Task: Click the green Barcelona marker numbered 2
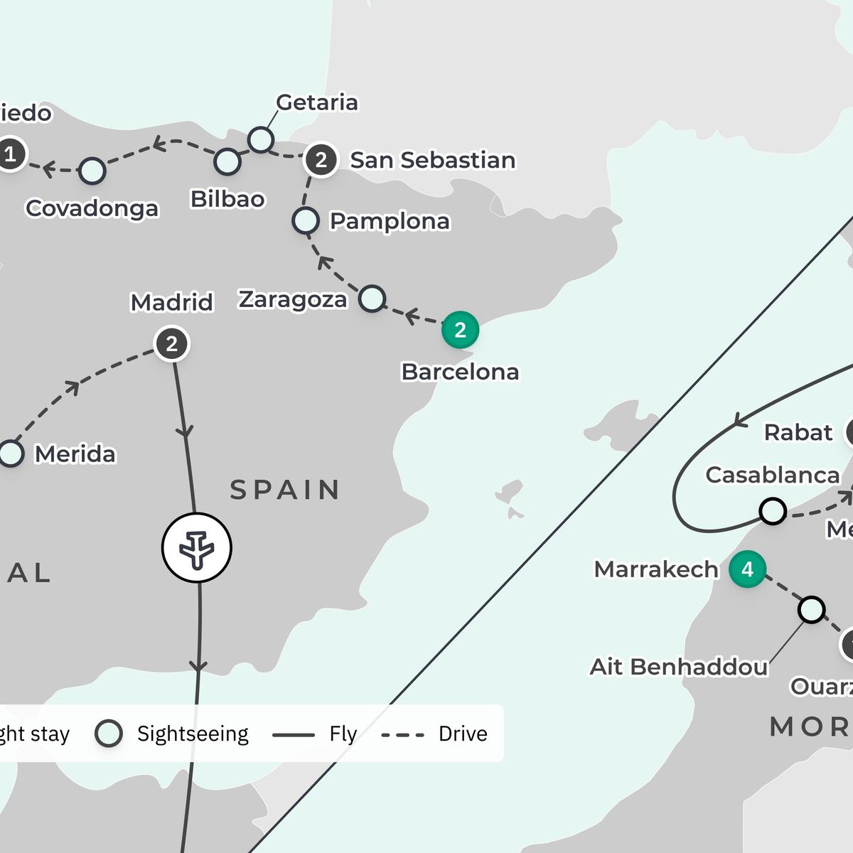click(x=460, y=331)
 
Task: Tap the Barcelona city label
click(x=460, y=372)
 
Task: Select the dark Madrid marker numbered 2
click(x=171, y=344)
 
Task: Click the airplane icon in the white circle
click(x=197, y=548)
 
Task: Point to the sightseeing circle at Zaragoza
click(x=372, y=299)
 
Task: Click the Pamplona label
click(x=390, y=221)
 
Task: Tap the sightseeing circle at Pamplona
click(x=306, y=220)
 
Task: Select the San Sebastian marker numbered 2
click(x=321, y=160)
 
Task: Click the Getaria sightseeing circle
click(x=261, y=139)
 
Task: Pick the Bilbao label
click(x=227, y=199)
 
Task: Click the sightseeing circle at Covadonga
click(x=92, y=171)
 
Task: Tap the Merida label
click(x=75, y=454)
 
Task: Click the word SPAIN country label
click(x=285, y=490)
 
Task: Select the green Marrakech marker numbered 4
click(x=747, y=569)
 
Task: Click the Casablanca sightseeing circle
click(x=773, y=510)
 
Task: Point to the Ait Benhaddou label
click(x=679, y=667)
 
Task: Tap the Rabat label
click(x=798, y=432)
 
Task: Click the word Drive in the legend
click(x=463, y=734)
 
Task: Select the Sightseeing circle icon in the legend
click(x=109, y=734)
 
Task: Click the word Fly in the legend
click(x=343, y=734)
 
